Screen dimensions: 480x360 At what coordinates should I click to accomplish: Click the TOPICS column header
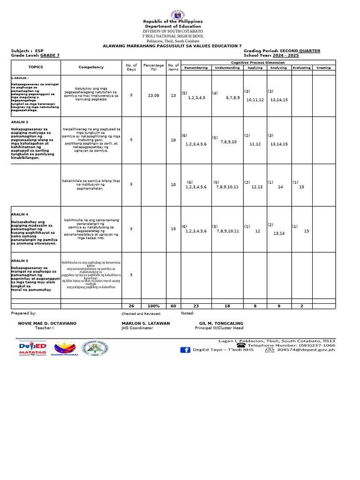click(x=36, y=67)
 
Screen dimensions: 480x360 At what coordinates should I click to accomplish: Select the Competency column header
click(x=91, y=67)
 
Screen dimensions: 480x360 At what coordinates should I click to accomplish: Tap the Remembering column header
click(x=196, y=67)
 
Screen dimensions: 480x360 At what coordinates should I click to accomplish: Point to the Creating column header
click(x=323, y=67)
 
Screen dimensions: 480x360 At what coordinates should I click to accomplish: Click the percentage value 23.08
click(x=154, y=95)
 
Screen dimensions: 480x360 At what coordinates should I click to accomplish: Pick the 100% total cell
click(x=154, y=306)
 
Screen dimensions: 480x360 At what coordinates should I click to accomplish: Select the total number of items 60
click(x=173, y=306)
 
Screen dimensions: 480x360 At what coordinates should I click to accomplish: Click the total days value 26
click(x=131, y=306)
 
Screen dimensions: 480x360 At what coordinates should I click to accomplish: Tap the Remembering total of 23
click(x=196, y=306)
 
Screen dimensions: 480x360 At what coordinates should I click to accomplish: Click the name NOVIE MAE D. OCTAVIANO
click(x=47, y=323)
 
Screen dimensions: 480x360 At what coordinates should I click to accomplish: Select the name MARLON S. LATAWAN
click(x=146, y=323)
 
